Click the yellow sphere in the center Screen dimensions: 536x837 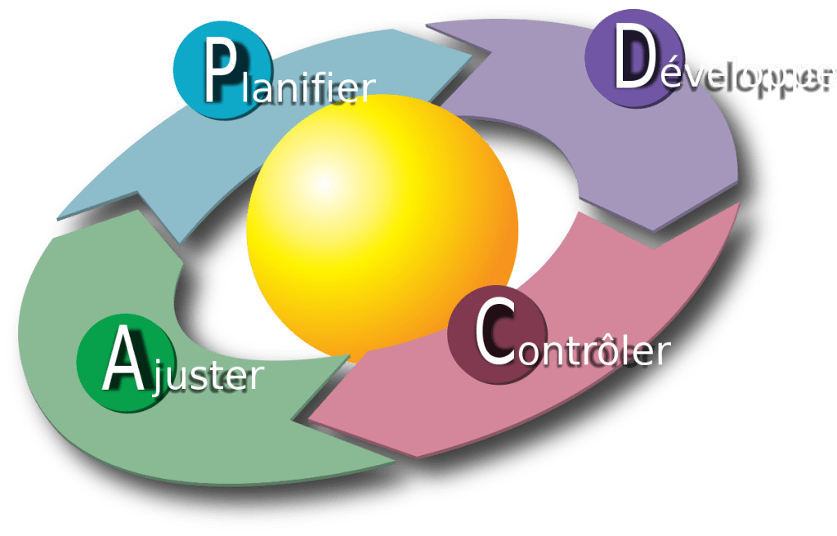tap(383, 229)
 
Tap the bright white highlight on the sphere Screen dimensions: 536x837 tap(324, 181)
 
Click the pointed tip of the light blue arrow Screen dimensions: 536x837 tap(478, 56)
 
